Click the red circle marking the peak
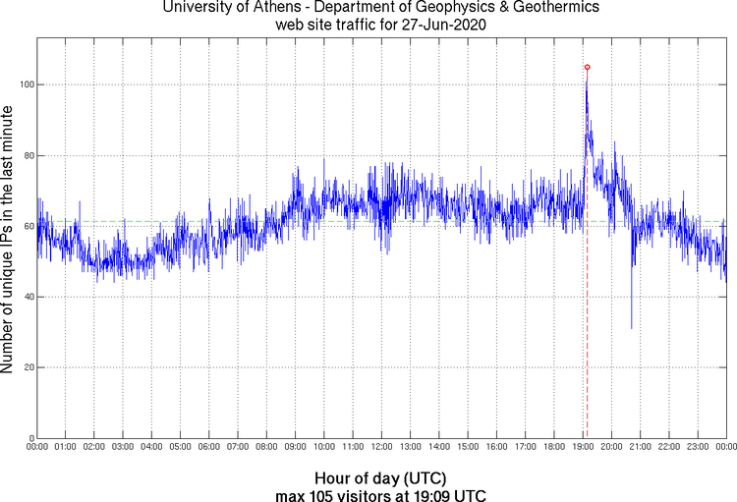coord(588,67)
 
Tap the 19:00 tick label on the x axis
coord(583,447)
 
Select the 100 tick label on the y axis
coord(26,84)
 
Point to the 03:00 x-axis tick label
coord(123,447)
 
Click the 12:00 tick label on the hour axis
coord(381,447)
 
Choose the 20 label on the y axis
coord(28,367)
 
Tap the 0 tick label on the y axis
coord(31,438)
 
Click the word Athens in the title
coord(269,9)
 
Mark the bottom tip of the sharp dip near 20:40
coord(631,328)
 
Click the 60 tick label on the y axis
coord(28,226)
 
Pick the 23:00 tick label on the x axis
coord(698,447)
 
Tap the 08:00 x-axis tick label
coord(266,447)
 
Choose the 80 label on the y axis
coord(28,155)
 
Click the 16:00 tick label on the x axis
coord(496,447)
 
